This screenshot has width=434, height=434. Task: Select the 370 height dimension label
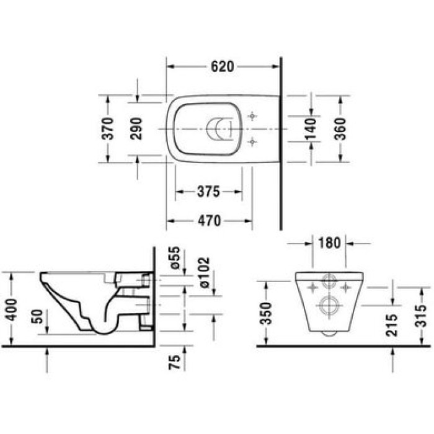pos(108,128)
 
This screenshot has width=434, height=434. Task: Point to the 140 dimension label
pos(312,128)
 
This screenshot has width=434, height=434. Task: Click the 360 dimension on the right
pos(340,128)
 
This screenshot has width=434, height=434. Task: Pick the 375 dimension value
pos(209,192)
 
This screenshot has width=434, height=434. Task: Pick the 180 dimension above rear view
pos(329,243)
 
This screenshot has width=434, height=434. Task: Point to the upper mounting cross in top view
pos(252,116)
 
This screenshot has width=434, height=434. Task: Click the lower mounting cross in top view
pos(252,142)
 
